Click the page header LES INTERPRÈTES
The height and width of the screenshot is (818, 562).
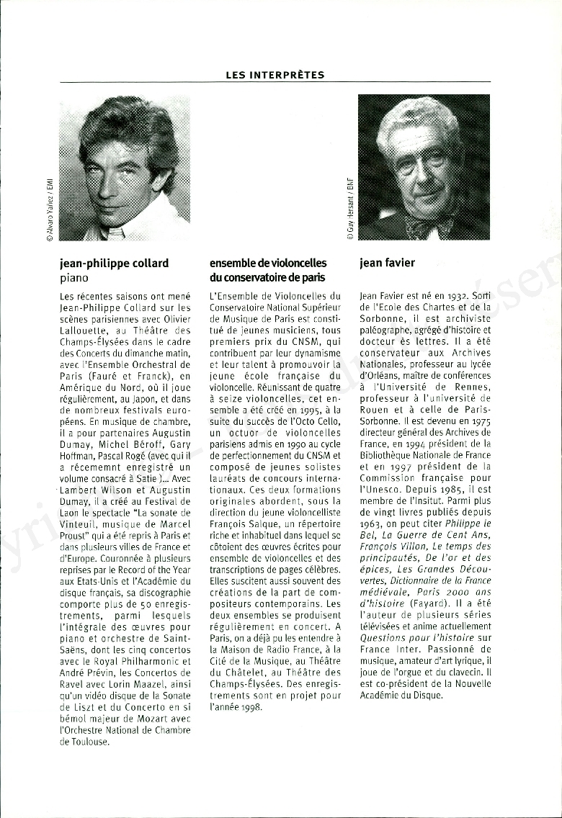click(275, 75)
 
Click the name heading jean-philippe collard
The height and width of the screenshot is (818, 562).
click(114, 263)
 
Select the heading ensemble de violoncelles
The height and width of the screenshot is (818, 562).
click(268, 263)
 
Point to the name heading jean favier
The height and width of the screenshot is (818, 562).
click(387, 263)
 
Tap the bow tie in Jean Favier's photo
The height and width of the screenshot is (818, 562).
click(429, 227)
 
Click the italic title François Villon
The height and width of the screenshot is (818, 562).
click(388, 547)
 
